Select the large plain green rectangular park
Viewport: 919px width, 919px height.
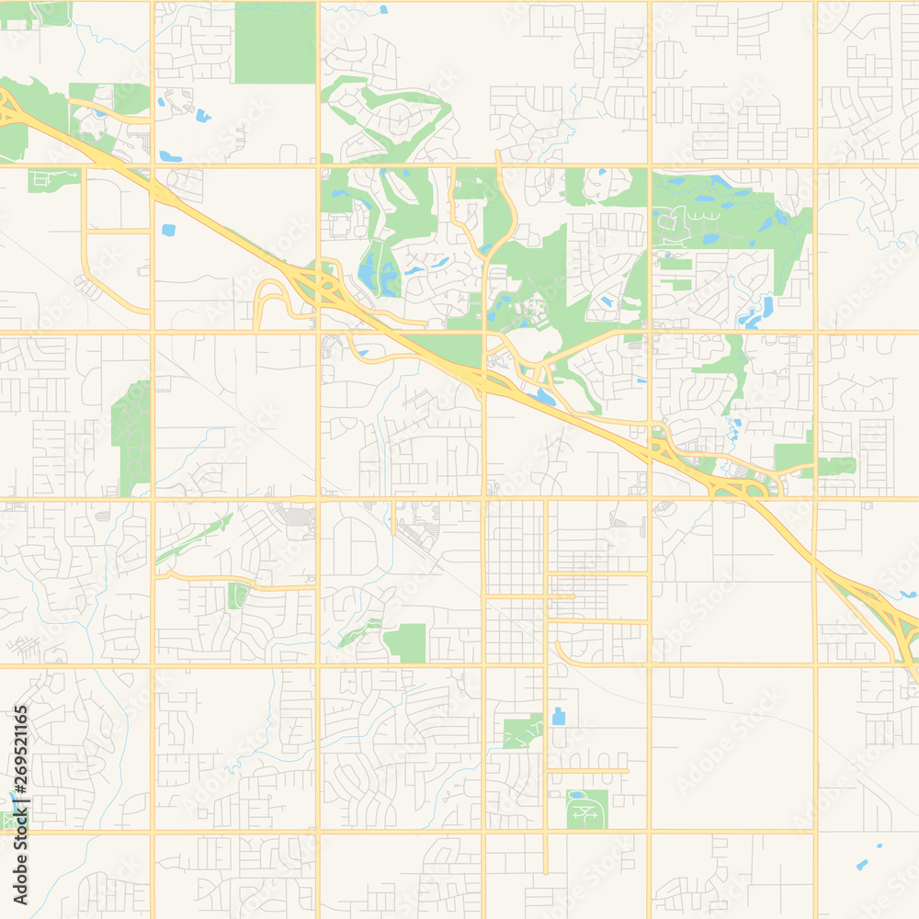(x=275, y=42)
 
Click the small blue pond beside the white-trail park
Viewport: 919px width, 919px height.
(x=558, y=716)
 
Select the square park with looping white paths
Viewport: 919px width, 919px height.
(x=586, y=810)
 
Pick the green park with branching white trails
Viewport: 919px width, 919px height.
(x=522, y=732)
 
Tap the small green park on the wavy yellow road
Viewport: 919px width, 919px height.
(x=237, y=596)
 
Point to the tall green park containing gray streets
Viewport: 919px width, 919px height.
(x=130, y=437)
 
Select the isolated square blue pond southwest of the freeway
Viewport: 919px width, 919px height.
(x=167, y=230)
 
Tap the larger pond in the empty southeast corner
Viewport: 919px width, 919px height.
(x=862, y=865)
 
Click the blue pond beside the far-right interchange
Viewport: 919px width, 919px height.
(x=907, y=595)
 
